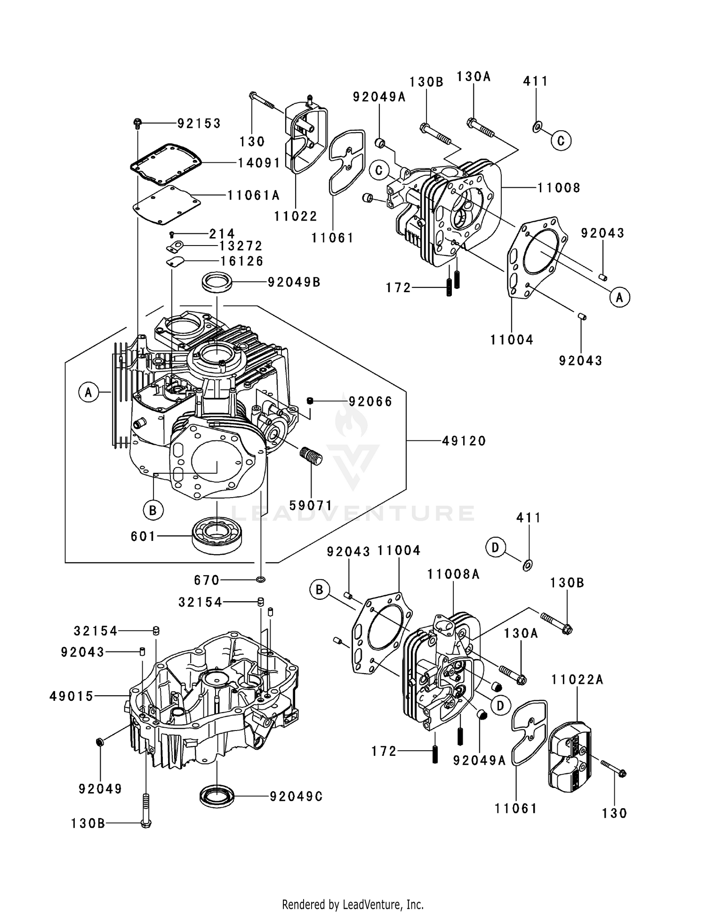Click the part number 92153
(199, 123)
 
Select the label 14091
(259, 163)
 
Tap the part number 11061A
(254, 195)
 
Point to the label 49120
(464, 441)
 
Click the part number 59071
(311, 505)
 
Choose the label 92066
(370, 401)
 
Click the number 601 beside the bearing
(143, 536)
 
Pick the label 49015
(72, 696)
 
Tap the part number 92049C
(297, 796)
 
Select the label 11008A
(453, 574)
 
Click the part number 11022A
(578, 679)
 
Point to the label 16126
(242, 261)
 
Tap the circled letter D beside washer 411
(495, 548)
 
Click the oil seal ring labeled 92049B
(217, 282)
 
